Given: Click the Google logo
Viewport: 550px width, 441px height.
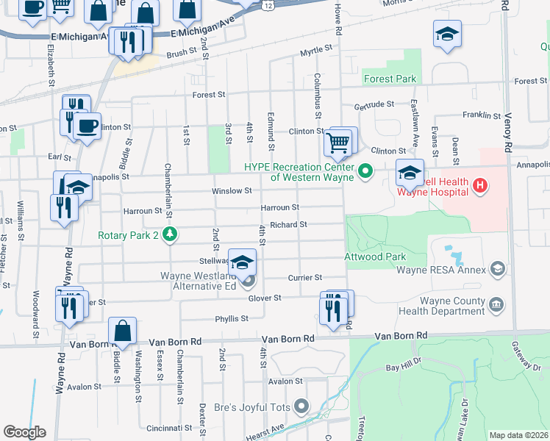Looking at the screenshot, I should coord(24,432).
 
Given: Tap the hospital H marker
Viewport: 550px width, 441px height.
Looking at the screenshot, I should coord(481,184).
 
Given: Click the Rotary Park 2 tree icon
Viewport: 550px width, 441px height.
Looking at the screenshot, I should coord(171,234).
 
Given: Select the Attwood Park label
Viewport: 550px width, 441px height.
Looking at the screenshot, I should coord(375,257).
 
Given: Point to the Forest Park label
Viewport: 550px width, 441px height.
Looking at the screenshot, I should coord(390,79).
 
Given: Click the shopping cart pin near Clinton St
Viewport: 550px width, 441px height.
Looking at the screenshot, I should coord(337,142).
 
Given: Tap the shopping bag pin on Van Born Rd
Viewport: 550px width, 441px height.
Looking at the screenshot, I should coord(123,332).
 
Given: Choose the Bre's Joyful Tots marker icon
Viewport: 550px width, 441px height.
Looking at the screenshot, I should coord(301,405).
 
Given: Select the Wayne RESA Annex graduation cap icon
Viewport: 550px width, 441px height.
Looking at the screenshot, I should coord(499,269).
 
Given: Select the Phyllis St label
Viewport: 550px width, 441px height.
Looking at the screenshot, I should coord(232,318).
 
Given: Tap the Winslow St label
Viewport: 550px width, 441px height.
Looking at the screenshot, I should coord(232,190).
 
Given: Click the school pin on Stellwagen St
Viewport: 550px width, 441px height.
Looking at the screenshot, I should coord(241,262).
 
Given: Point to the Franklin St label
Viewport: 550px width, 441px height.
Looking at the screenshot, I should coord(482,115).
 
